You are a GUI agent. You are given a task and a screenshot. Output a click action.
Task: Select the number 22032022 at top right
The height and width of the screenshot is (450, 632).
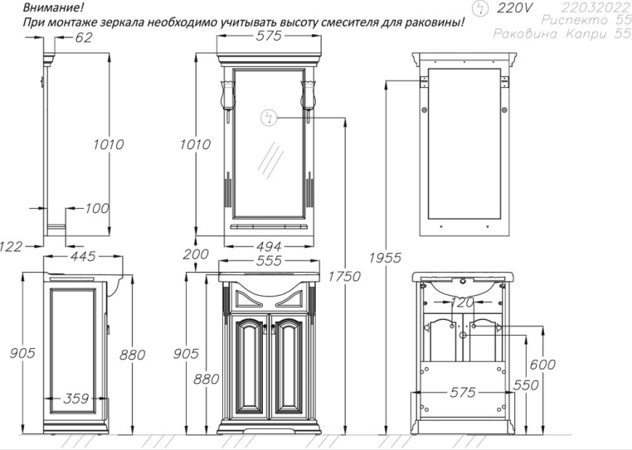tap(591, 7)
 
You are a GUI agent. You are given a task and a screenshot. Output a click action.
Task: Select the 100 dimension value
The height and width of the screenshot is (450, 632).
tap(96, 208)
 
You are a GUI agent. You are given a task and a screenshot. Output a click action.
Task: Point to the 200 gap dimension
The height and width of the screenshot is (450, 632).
tap(197, 254)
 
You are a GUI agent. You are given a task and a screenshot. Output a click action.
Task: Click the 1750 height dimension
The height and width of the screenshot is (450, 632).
tap(345, 276)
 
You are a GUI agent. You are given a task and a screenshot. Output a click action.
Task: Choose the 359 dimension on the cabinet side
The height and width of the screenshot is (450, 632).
tap(75, 399)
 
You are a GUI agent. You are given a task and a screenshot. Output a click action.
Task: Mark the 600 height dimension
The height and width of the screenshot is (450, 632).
tap(542, 365)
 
